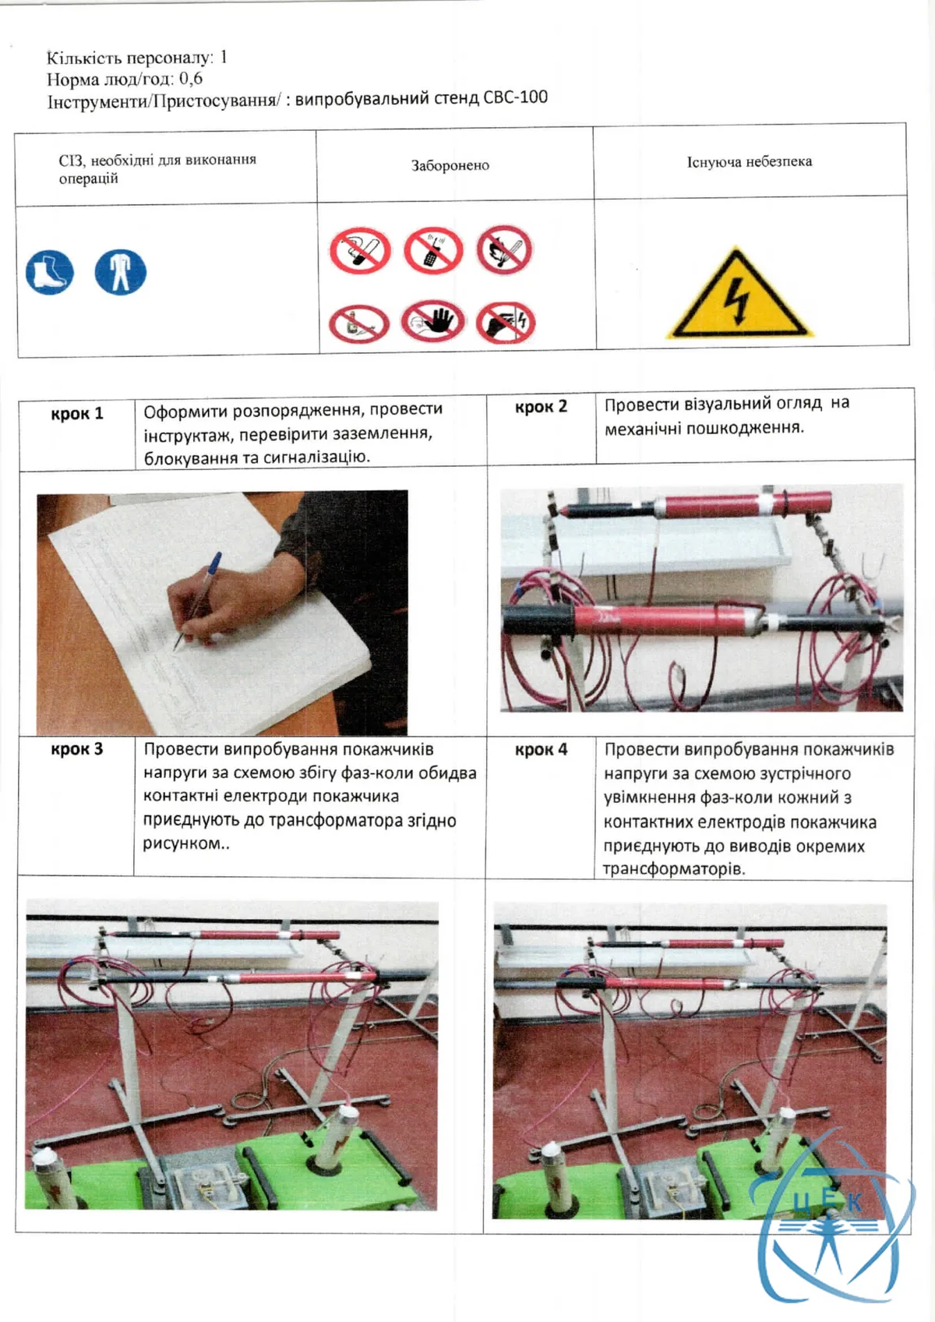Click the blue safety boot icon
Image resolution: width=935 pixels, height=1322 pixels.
(50, 272)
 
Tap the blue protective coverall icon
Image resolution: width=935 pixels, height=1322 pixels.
(120, 271)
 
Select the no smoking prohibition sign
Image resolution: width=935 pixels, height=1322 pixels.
(360, 251)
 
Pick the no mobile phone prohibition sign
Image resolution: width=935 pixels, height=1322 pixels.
(433, 250)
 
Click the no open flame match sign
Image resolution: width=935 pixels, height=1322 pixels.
(504, 249)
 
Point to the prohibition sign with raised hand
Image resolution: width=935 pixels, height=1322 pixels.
(433, 322)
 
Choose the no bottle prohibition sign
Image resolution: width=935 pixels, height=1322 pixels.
(358, 324)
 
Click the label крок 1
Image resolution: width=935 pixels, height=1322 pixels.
(76, 414)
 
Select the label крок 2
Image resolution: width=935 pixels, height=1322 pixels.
(541, 407)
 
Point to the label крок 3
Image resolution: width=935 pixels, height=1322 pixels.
(76, 749)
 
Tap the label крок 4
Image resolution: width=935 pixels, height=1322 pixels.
(541, 750)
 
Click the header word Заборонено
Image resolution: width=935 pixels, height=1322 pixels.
(450, 165)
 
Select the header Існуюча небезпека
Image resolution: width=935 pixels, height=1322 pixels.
(750, 161)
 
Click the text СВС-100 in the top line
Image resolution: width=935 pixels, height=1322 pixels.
(515, 97)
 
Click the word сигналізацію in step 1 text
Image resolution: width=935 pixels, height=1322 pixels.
(316, 458)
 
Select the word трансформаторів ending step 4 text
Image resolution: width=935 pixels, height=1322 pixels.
(674, 869)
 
